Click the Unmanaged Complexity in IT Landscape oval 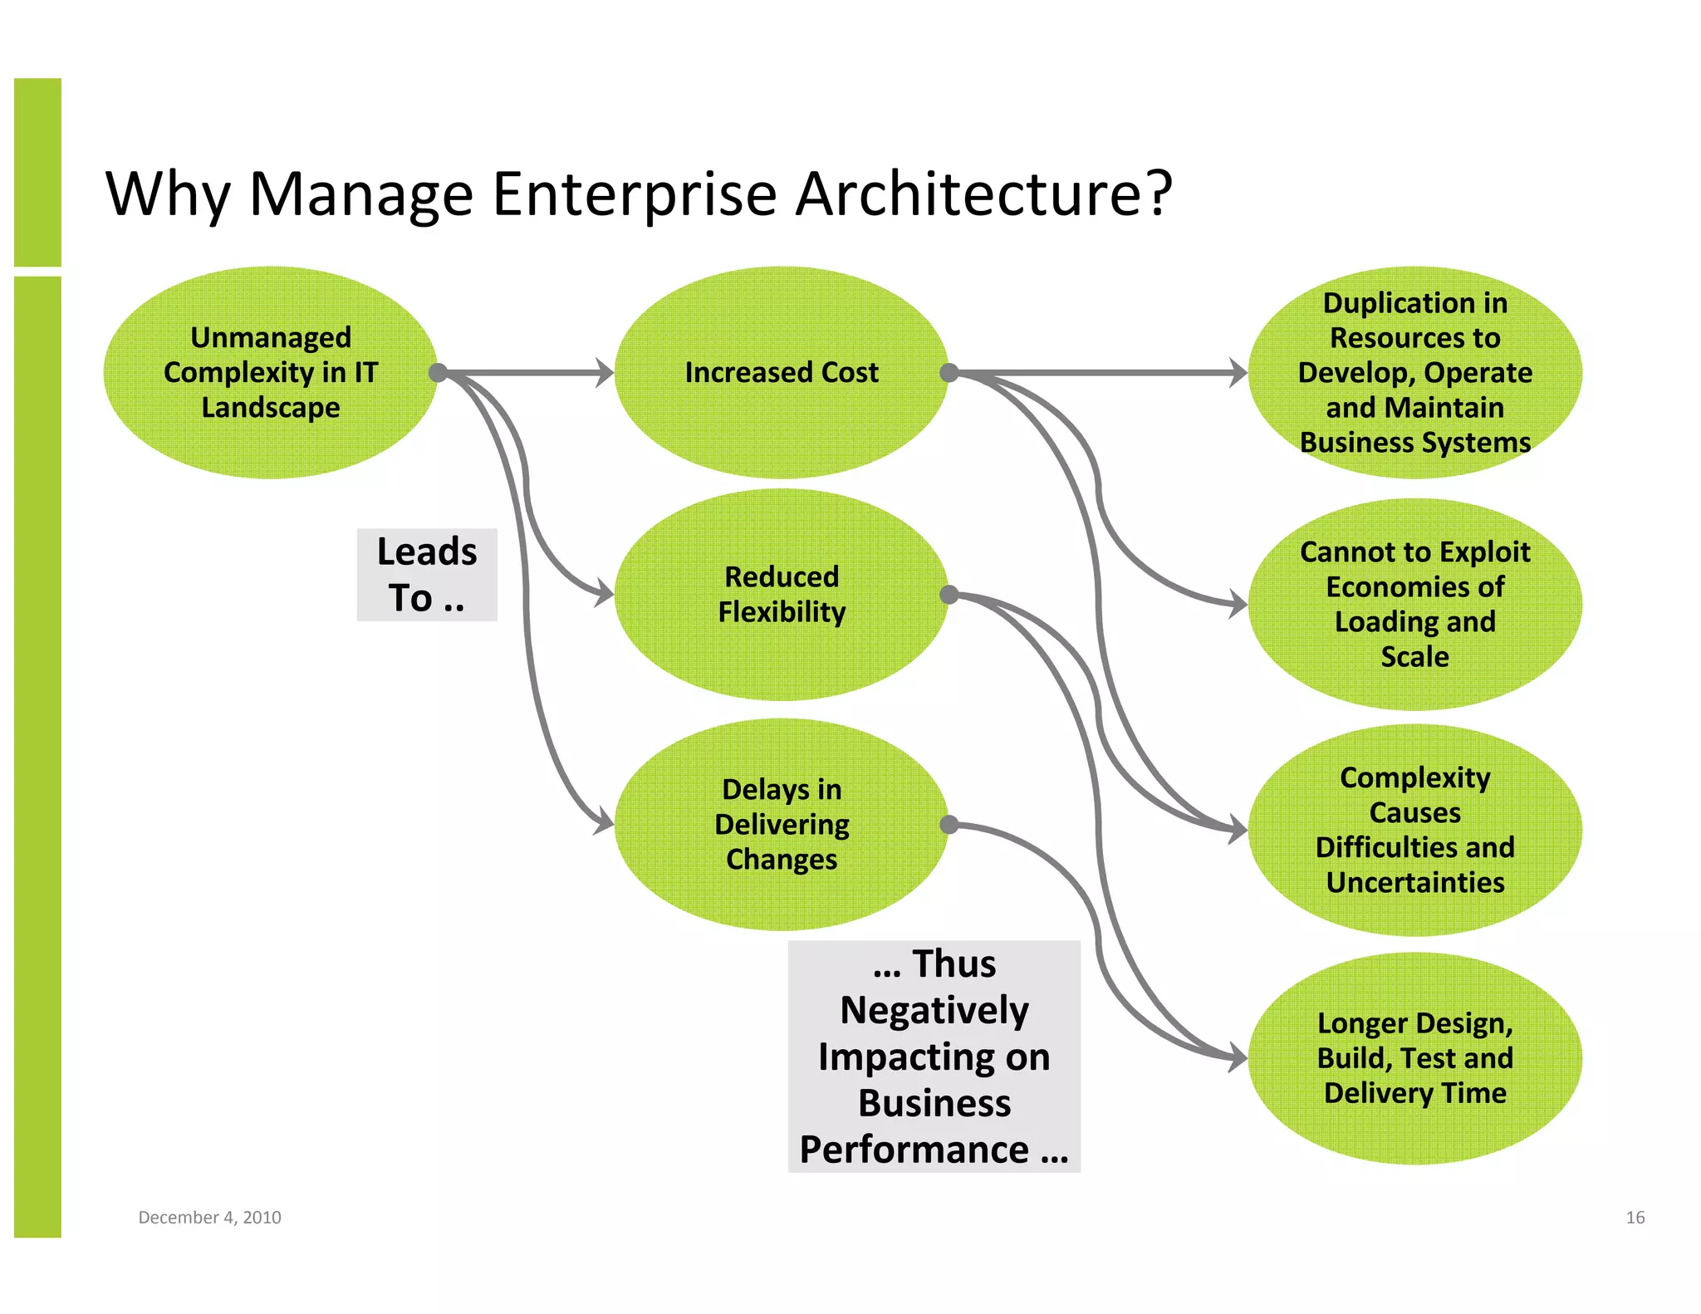(270, 373)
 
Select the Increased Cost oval (781, 373)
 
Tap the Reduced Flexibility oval (781, 595)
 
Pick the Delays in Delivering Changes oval (781, 824)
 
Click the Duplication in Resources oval (1414, 373)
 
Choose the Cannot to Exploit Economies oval (1414, 604)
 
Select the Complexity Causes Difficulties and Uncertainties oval (1414, 830)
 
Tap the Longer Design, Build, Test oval (1414, 1058)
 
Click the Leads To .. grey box (427, 575)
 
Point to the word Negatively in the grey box (934, 1011)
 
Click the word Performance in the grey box (914, 1150)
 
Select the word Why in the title (167, 194)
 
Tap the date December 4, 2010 (209, 1218)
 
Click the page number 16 (1635, 1218)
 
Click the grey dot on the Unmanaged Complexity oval (438, 373)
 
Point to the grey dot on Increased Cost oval (949, 373)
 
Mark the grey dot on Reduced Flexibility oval (949, 595)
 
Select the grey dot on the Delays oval (949, 824)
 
